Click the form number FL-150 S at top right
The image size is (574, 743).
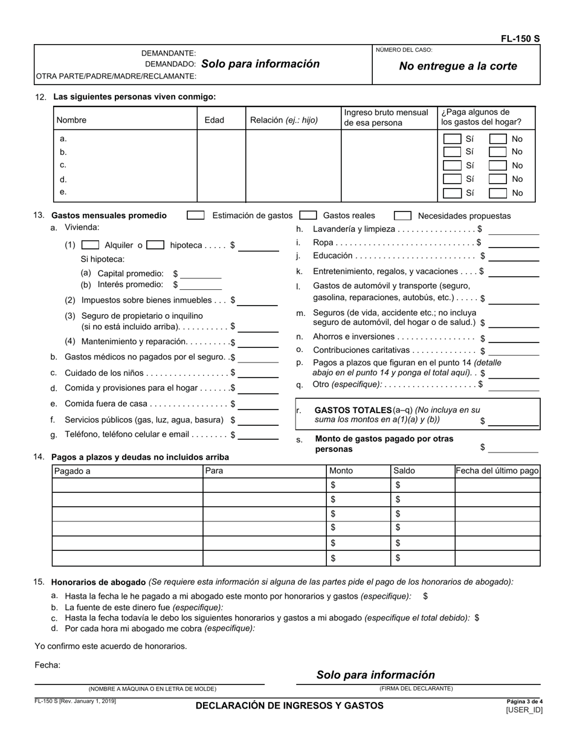pyautogui.click(x=520, y=39)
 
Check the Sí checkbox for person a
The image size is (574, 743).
pyautogui.click(x=452, y=139)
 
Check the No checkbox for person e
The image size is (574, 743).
pyautogui.click(x=497, y=193)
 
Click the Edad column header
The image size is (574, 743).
pyautogui.click(x=214, y=120)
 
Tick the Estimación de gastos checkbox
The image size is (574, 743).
pyautogui.click(x=195, y=215)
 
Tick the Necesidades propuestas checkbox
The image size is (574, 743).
pyautogui.click(x=402, y=216)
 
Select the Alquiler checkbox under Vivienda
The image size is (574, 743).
pyautogui.click(x=90, y=245)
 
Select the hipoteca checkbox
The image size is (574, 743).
pyautogui.click(x=155, y=245)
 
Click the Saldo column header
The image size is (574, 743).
pyautogui.click(x=404, y=471)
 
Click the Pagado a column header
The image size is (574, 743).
pyautogui.click(x=72, y=471)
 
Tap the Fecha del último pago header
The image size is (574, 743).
pyautogui.click(x=497, y=471)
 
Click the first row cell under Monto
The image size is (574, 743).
pyautogui.click(x=358, y=485)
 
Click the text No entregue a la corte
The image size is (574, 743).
pyautogui.click(x=458, y=66)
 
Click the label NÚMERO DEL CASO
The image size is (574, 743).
pyautogui.click(x=404, y=50)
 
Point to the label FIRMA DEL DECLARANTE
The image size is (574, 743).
pyautogui.click(x=416, y=689)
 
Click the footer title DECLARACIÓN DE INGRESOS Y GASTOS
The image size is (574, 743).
pyautogui.click(x=289, y=706)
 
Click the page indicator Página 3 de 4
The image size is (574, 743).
pyautogui.click(x=524, y=701)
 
